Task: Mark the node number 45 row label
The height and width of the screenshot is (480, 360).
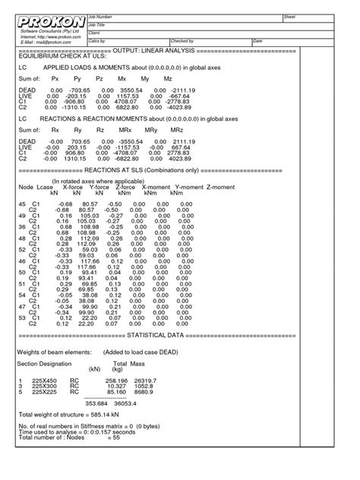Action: click(23, 204)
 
